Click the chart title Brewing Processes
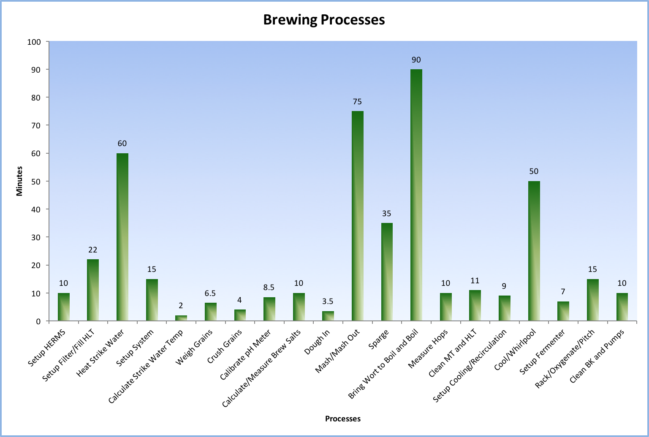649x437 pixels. [x=324, y=20]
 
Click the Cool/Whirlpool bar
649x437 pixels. [x=534, y=251]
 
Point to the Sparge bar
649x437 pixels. [x=387, y=272]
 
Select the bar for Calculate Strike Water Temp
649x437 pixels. [x=181, y=318]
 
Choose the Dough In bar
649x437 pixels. [x=328, y=316]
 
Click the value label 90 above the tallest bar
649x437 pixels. [x=416, y=60]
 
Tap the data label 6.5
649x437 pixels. [x=210, y=293]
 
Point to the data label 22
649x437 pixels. [x=93, y=250]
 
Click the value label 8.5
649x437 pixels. [x=269, y=288]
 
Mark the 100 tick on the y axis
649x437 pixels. [x=34, y=42]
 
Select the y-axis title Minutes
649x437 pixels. [x=19, y=181]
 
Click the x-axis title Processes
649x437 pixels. [x=342, y=419]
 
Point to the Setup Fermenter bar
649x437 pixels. [x=563, y=311]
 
